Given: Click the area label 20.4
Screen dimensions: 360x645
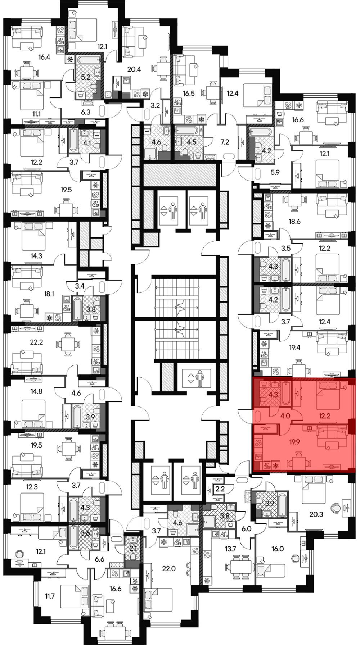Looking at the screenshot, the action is tap(134, 69).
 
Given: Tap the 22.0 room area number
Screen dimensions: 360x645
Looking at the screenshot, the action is tap(168, 559).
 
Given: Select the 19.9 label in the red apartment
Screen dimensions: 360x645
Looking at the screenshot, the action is tap(294, 442).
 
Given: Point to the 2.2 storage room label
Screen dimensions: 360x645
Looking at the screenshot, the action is tap(220, 489).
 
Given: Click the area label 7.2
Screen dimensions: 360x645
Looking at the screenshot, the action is tap(225, 142).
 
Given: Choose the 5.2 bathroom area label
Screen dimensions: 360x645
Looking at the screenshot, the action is tap(85, 77).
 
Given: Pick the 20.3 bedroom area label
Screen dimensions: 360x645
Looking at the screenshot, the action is tap(316, 515).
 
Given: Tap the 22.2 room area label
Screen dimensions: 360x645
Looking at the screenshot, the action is tap(36, 342).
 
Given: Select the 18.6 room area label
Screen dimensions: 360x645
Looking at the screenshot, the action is tap(294, 222).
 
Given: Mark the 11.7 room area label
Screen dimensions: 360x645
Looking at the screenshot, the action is tap(50, 596).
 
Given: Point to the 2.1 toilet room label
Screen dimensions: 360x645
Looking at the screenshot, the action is tap(133, 549).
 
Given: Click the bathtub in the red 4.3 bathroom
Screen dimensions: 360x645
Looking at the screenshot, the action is tap(286, 394).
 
